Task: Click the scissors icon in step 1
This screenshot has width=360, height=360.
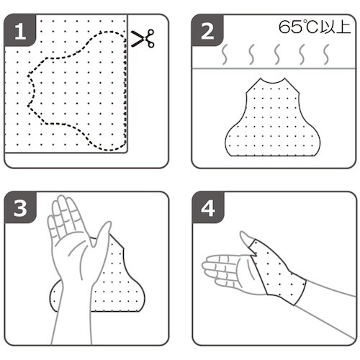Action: [143, 38]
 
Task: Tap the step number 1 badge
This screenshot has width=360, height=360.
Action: [20, 31]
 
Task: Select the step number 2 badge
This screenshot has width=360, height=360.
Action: [207, 31]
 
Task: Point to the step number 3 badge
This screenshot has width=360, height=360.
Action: [20, 208]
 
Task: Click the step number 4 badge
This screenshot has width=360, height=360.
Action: [208, 208]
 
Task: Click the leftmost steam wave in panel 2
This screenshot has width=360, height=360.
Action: [225, 55]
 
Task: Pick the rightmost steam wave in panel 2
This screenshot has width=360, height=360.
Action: [326, 55]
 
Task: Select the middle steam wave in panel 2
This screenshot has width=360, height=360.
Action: [277, 55]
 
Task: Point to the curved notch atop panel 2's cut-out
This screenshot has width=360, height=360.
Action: [273, 82]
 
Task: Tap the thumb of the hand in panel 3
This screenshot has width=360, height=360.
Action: [102, 236]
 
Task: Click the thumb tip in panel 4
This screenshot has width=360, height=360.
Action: [243, 233]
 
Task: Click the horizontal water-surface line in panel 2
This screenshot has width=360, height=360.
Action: [274, 69]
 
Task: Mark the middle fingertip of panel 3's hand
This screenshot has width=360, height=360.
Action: [61, 198]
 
